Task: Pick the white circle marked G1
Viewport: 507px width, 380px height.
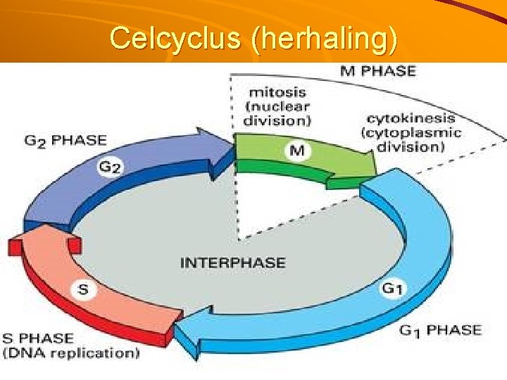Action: pyautogui.click(x=392, y=289)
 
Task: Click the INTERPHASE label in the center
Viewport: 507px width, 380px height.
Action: pyautogui.click(x=233, y=263)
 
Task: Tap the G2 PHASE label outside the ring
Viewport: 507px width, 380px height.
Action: pyautogui.click(x=65, y=139)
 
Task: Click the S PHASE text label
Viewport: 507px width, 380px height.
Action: pyautogui.click(x=38, y=338)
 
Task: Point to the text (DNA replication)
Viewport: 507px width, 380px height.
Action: pyautogui.click(x=70, y=353)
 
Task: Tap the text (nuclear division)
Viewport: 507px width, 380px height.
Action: pyautogui.click(x=276, y=113)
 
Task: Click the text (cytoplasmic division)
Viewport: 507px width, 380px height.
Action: pyautogui.click(x=411, y=139)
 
